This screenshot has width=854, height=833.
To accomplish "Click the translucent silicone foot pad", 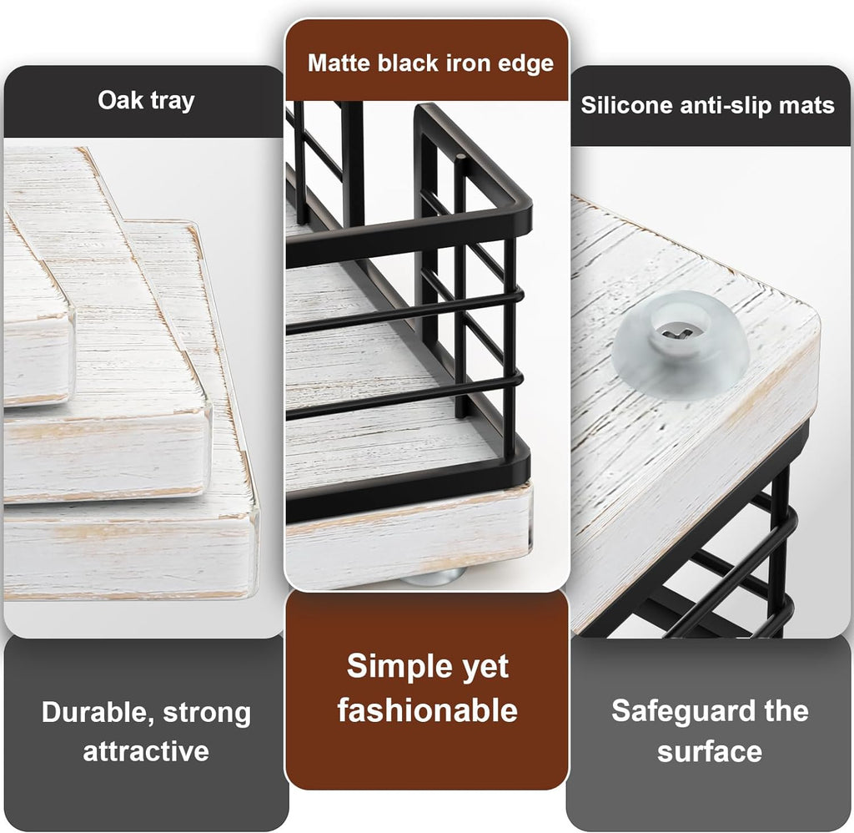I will coord(681,346).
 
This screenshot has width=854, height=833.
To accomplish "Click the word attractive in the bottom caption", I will coord(145,750).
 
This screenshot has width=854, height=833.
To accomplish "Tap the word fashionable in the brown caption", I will coord(427,710).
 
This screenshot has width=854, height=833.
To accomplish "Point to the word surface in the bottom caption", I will coord(709,750).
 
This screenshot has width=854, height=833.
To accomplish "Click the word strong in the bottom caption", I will coord(207,713).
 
